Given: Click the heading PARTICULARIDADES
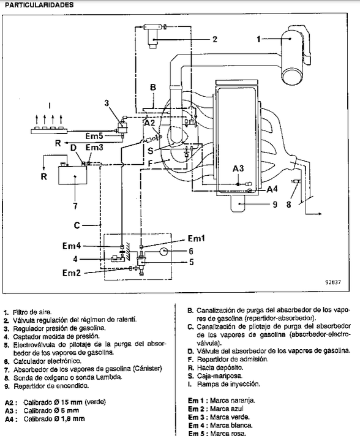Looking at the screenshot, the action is pyautogui.click(x=39, y=5).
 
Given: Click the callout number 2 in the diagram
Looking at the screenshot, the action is pyautogui.click(x=215, y=39).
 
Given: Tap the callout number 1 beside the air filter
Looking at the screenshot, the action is pyautogui.click(x=258, y=39).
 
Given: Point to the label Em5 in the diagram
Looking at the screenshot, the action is pyautogui.click(x=94, y=136).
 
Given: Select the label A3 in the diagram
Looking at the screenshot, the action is pyautogui.click(x=238, y=168).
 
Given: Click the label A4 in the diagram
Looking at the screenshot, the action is pyautogui.click(x=272, y=189).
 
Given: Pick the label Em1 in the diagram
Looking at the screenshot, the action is pyautogui.click(x=196, y=238).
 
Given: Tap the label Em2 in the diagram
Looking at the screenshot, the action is pyautogui.click(x=72, y=273).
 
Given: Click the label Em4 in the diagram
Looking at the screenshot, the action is pyautogui.click(x=72, y=246).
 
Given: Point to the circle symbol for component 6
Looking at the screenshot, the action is pyautogui.click(x=164, y=251).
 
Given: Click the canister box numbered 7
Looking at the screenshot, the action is pyautogui.click(x=72, y=175).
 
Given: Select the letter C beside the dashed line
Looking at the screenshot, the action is pyautogui.click(x=77, y=225).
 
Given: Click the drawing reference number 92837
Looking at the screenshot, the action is pyautogui.click(x=333, y=282).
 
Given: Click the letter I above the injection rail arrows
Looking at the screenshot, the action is pyautogui.click(x=50, y=105).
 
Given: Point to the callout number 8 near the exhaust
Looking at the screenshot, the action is pyautogui.click(x=288, y=205).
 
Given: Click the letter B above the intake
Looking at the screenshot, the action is pyautogui.click(x=153, y=87).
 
